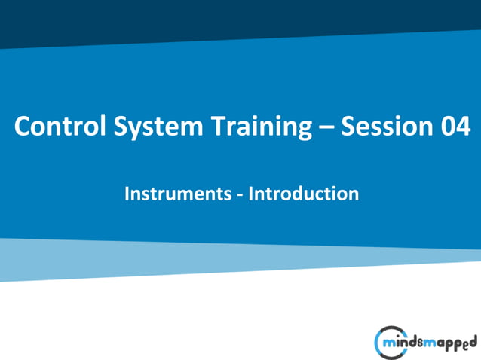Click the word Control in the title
[54, 127]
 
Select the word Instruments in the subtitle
[178, 194]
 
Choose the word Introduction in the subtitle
[304, 194]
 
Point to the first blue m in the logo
[390, 343]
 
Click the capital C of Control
[23, 127]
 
